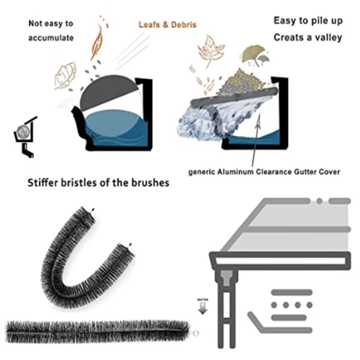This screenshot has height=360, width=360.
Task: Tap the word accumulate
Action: [x=51, y=38]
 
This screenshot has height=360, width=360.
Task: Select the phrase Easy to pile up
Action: [x=308, y=21]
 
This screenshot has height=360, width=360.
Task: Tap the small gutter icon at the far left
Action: [x=24, y=134]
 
